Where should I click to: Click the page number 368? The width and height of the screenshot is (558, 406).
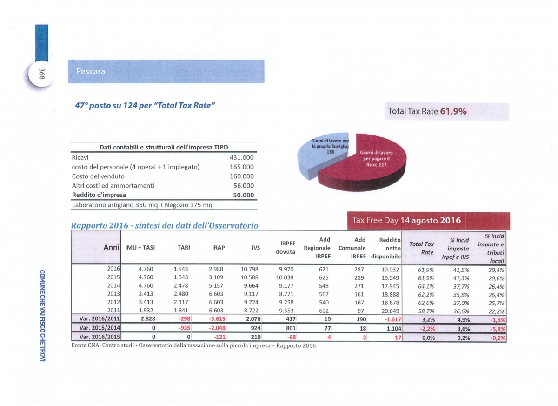pyautogui.click(x=42, y=74)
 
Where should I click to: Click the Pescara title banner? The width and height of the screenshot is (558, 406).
pyautogui.click(x=166, y=72)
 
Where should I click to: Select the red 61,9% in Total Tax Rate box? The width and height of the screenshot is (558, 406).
pyautogui.click(x=453, y=111)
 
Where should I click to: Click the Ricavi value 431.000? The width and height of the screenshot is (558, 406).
pyautogui.click(x=241, y=157)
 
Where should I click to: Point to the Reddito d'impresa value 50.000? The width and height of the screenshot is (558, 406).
pyautogui.click(x=243, y=195)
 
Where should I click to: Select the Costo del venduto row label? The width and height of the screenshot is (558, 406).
pyautogui.click(x=98, y=176)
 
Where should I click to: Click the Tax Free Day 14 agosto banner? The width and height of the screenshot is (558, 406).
pyautogui.click(x=428, y=221)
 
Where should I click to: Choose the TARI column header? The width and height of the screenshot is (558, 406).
pyautogui.click(x=184, y=248)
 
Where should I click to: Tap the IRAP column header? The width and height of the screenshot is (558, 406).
pyautogui.click(x=218, y=248)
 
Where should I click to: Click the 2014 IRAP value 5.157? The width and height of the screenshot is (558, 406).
pyautogui.click(x=216, y=285)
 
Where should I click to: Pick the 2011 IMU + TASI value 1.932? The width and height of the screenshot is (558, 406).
pyautogui.click(x=146, y=310)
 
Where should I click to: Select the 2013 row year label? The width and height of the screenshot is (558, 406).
pyautogui.click(x=113, y=294)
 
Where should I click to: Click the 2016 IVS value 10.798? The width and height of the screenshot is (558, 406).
pyautogui.click(x=249, y=269)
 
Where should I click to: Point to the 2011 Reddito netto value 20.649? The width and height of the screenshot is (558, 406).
pyautogui.click(x=390, y=311)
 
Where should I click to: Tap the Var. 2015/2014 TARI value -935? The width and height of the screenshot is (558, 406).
pyautogui.click(x=184, y=328)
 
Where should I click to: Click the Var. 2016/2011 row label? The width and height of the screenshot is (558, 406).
pyautogui.click(x=100, y=318)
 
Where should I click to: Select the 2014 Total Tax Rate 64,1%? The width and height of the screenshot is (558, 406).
pyautogui.click(x=426, y=286)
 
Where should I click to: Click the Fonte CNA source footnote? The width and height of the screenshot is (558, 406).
pyautogui.click(x=193, y=345)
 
